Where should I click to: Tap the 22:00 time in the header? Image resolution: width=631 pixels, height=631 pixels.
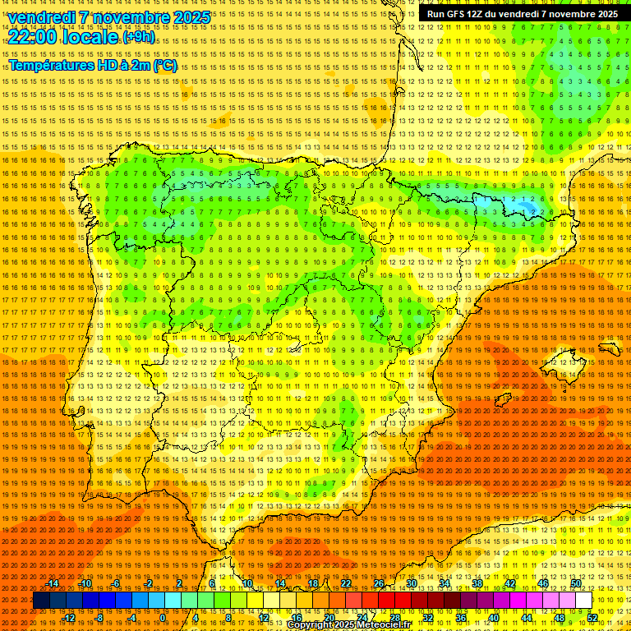33,37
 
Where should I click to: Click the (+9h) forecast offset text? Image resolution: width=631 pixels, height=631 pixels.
137,37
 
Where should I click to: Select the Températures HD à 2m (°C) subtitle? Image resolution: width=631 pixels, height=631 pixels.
92,65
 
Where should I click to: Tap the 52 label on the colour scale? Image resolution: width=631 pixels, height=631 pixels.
592,618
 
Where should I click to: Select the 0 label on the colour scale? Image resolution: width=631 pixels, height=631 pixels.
163,618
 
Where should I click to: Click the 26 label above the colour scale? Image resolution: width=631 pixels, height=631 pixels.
378,583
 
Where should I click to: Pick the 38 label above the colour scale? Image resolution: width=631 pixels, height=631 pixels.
477,583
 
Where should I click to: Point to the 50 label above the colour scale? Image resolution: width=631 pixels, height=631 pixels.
575,583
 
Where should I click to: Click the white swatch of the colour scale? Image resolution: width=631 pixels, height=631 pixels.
583,601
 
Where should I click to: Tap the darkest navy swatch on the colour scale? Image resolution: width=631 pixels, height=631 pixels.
41,601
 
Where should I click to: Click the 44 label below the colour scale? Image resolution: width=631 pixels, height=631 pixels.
527,618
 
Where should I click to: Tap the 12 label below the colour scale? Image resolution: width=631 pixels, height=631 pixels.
264,618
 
